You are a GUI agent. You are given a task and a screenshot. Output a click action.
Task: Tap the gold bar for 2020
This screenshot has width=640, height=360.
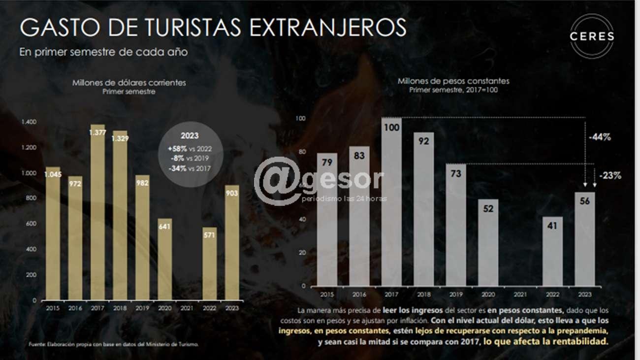(165, 259)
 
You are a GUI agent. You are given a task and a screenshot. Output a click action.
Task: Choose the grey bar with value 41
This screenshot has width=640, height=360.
(552, 251)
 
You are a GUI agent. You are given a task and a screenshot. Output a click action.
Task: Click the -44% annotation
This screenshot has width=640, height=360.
(600, 137)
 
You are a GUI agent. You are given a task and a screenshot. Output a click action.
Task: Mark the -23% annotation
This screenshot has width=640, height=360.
(610, 175)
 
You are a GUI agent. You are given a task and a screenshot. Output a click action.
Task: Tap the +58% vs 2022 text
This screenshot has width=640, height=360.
(190, 148)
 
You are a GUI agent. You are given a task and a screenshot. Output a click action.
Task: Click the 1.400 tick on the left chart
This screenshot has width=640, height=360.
(29, 122)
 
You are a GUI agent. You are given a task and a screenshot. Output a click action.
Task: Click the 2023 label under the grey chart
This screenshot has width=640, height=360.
(584, 294)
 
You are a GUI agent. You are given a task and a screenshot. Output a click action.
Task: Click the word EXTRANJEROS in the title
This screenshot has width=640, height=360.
(328, 28)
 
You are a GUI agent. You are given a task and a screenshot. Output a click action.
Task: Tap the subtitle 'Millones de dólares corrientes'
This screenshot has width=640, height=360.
(129, 83)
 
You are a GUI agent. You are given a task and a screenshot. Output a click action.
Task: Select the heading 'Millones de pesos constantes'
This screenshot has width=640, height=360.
(453, 81)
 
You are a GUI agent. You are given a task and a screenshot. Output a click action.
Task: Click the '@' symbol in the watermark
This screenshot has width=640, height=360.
(277, 181)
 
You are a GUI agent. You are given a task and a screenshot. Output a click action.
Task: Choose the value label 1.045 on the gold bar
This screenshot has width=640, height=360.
(53, 174)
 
